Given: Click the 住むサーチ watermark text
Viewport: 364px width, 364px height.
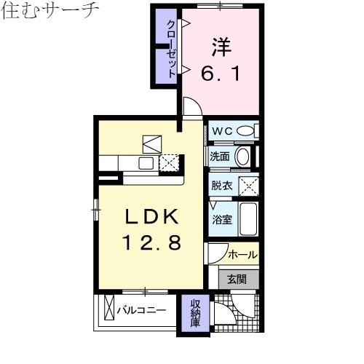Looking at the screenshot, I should click(x=50, y=13).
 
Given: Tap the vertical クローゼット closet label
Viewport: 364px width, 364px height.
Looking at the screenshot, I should click(x=170, y=48).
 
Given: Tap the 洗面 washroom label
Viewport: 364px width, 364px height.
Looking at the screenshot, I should click(x=221, y=156).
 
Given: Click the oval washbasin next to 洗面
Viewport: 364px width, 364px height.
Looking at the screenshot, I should click(x=243, y=157).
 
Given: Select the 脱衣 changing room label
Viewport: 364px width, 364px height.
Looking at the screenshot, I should click(x=221, y=186).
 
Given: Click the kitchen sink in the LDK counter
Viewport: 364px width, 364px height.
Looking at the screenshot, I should click(x=145, y=162).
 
